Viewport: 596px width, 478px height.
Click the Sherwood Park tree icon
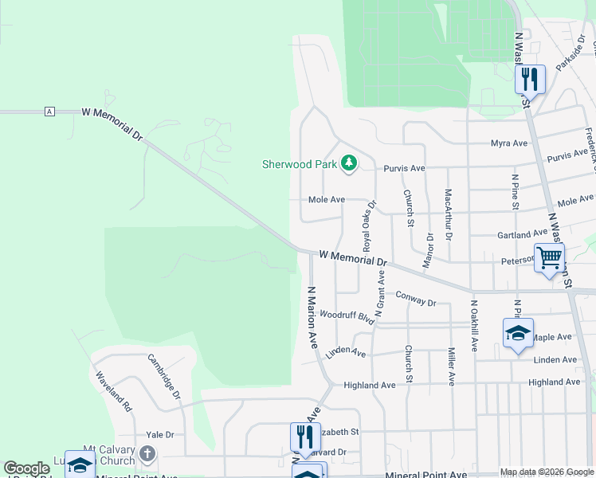(348, 163)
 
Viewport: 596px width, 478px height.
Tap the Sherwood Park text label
(300, 165)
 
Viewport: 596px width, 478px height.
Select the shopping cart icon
(550, 258)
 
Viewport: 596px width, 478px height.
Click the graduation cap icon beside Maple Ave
(517, 332)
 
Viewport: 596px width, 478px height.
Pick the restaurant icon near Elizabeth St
(304, 437)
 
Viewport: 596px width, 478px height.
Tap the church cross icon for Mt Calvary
(147, 454)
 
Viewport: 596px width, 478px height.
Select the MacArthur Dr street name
(449, 215)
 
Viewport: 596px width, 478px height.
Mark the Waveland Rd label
(113, 390)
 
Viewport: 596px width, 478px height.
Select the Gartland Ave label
(522, 234)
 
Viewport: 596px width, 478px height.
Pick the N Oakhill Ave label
(473, 325)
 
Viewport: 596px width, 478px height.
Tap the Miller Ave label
(451, 366)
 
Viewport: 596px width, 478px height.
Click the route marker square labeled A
(50, 111)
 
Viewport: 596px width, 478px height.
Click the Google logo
(26, 468)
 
